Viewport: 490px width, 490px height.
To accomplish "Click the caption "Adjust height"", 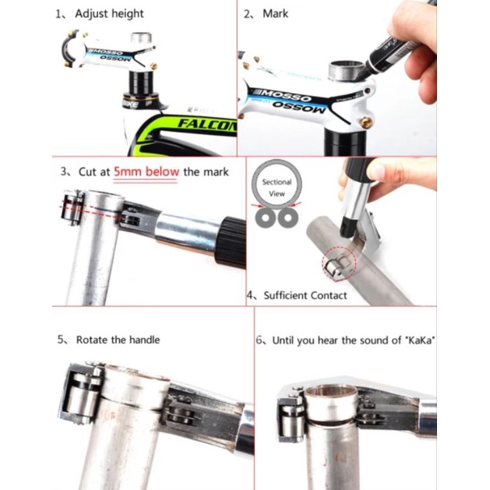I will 109,14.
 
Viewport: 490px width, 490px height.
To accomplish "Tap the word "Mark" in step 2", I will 275,14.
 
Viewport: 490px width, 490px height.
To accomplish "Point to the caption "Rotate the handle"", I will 118,340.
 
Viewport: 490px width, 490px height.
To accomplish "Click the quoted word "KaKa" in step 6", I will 416,340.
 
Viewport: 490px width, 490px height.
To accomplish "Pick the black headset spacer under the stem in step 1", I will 141,82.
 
